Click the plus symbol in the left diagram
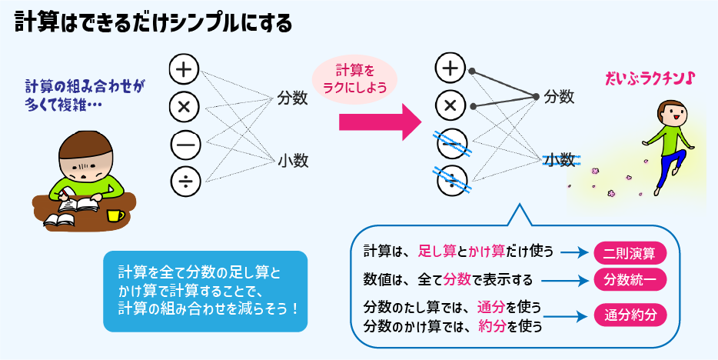[x=184, y=69]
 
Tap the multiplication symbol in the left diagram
[x=184, y=107]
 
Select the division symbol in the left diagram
[x=184, y=181]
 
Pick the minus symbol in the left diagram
[x=184, y=144]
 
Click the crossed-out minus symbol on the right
[x=450, y=143]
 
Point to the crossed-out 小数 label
[x=560, y=160]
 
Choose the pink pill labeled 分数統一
[x=630, y=278]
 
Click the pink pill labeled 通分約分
[x=630, y=315]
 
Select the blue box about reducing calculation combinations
[x=204, y=291]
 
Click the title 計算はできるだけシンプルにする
[x=154, y=23]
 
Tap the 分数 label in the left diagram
[x=293, y=99]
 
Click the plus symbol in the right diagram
[x=450, y=68]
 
